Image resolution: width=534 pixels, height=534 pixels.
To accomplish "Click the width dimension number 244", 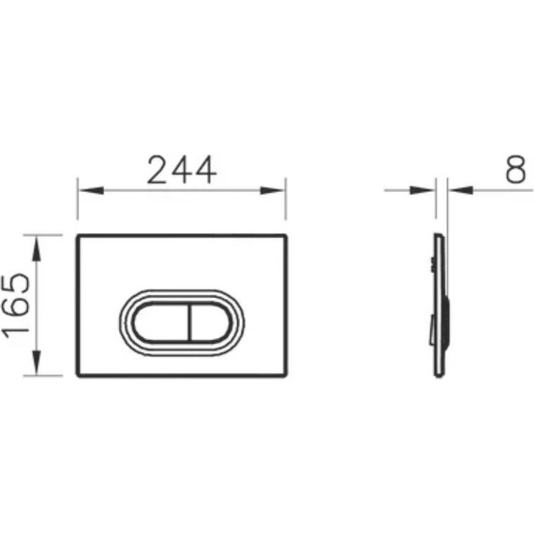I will (x=182, y=169).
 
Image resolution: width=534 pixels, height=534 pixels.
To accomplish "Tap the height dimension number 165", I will (x=16, y=305).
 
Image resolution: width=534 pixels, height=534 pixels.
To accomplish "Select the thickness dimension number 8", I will (x=513, y=169).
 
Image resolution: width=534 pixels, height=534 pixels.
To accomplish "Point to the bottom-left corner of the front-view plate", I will (x=77, y=376).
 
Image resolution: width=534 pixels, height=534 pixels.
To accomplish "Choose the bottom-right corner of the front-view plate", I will (x=286, y=376).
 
